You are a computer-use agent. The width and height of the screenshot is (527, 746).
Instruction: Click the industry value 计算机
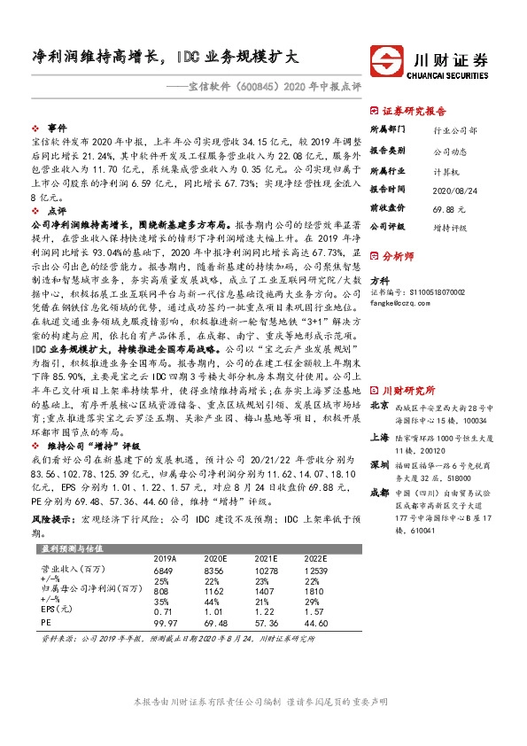point(446,170)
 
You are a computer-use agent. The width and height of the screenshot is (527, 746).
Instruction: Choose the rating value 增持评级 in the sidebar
point(450,227)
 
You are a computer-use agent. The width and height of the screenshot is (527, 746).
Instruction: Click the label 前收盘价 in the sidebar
point(387,207)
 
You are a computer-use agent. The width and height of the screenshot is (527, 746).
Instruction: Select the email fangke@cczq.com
point(399,301)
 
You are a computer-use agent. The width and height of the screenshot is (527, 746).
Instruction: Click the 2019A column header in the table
point(166,560)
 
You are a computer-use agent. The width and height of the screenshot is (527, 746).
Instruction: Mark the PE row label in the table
point(47,623)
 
